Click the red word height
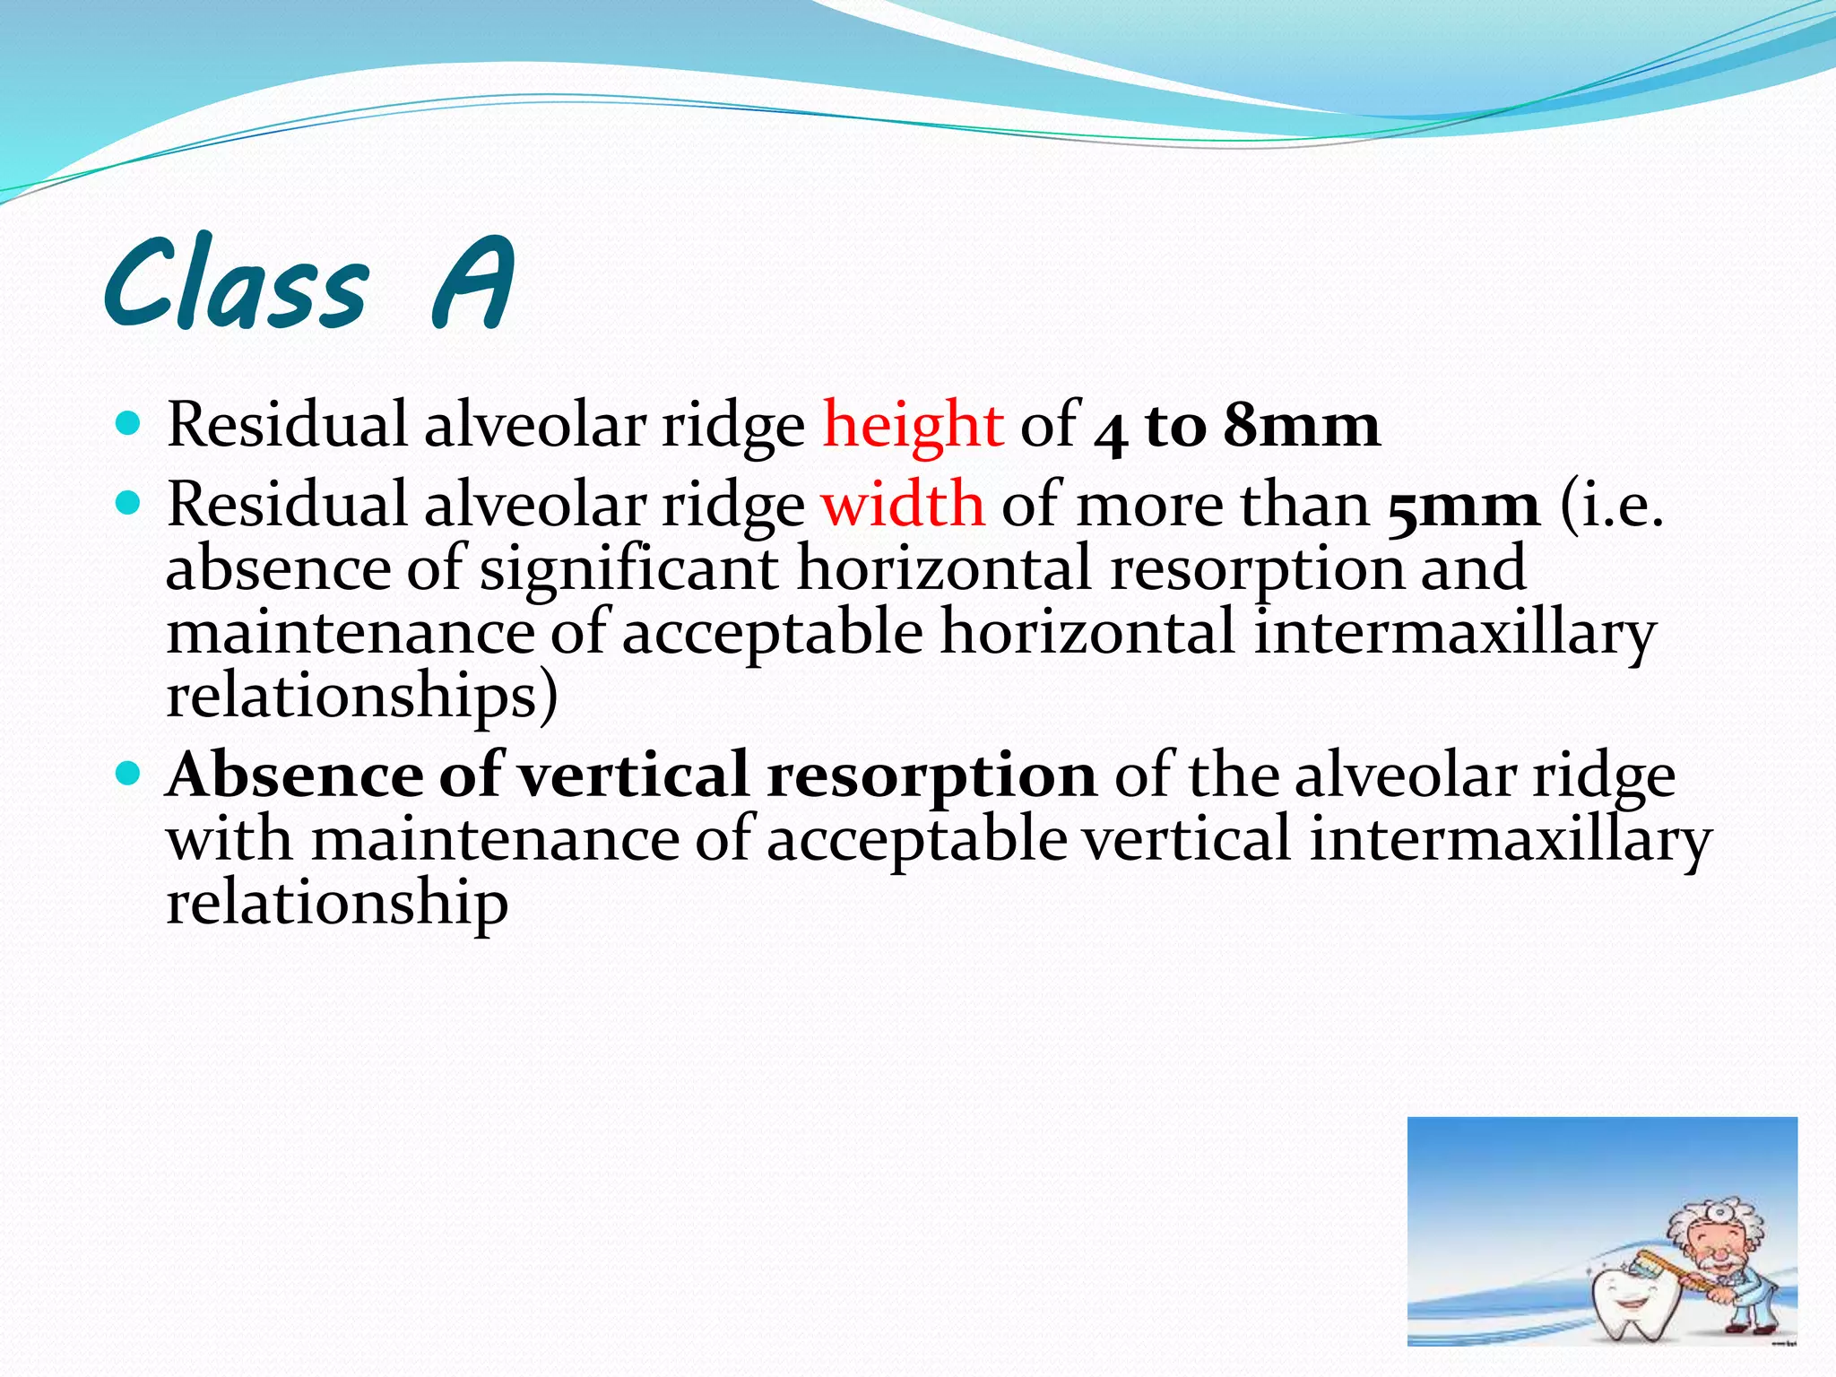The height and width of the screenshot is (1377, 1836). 913,425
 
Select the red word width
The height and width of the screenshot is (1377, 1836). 903,505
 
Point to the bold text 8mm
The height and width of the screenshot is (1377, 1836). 1302,425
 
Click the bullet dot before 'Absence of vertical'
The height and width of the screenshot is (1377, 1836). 129,771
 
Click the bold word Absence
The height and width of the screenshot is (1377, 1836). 295,775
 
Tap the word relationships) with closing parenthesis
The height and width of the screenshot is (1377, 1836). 362,697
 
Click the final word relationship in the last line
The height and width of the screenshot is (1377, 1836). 337,903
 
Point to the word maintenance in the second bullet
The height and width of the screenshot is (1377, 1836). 351,632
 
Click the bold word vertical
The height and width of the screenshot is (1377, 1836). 634,775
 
